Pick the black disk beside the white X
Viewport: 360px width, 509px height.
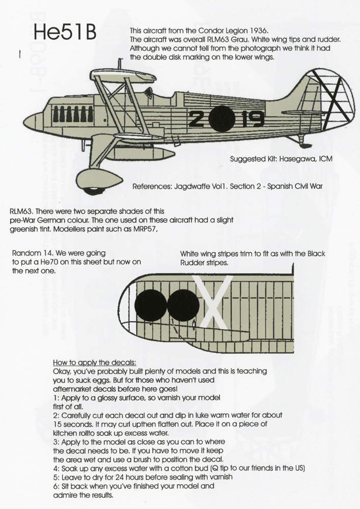coord(183,305)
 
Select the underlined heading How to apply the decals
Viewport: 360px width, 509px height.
coord(94,362)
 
